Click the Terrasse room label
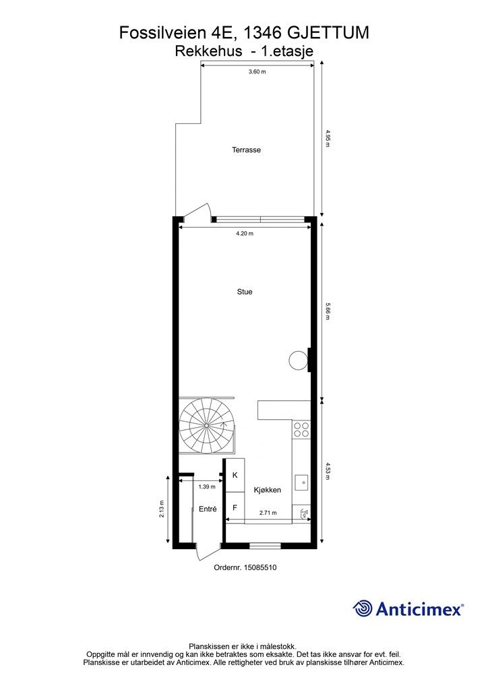pyautogui.click(x=247, y=150)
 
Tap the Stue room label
pyautogui.click(x=245, y=292)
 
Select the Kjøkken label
pyautogui.click(x=268, y=490)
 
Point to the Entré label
pyautogui.click(x=208, y=509)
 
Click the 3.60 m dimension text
pyautogui.click(x=257, y=71)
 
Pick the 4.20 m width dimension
pyautogui.click(x=245, y=234)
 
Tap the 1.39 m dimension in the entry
pyautogui.click(x=207, y=487)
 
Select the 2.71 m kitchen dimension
pyautogui.click(x=268, y=513)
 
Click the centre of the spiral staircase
pyautogui.click(x=206, y=426)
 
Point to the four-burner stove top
pyautogui.click(x=301, y=429)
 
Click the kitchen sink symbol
pyautogui.click(x=301, y=482)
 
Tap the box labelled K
pyautogui.click(x=235, y=475)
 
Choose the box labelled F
pyautogui.click(x=235, y=508)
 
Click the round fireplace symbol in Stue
pyautogui.click(x=298, y=360)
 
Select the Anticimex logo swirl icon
pyautogui.click(x=363, y=608)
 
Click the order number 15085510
pyautogui.click(x=260, y=567)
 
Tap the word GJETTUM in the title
pyautogui.click(x=328, y=33)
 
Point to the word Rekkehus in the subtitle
pyautogui.click(x=208, y=51)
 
